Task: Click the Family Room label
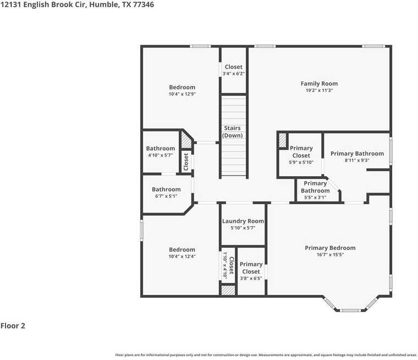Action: coord(319,84)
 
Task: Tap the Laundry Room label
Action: coord(243,221)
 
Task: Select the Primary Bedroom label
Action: coord(330,248)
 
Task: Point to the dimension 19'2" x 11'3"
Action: coord(319,91)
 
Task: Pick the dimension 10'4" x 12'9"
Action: coord(182,94)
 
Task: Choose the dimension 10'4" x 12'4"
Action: coord(182,257)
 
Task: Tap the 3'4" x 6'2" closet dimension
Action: coord(234,74)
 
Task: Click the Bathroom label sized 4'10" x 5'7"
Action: coord(161,148)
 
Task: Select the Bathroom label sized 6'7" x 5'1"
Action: coord(166,189)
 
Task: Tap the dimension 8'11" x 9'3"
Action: coord(357,161)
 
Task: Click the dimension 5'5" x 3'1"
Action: coord(315,197)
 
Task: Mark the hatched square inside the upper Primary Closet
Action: coord(283,140)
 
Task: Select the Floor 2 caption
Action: coord(13,326)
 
